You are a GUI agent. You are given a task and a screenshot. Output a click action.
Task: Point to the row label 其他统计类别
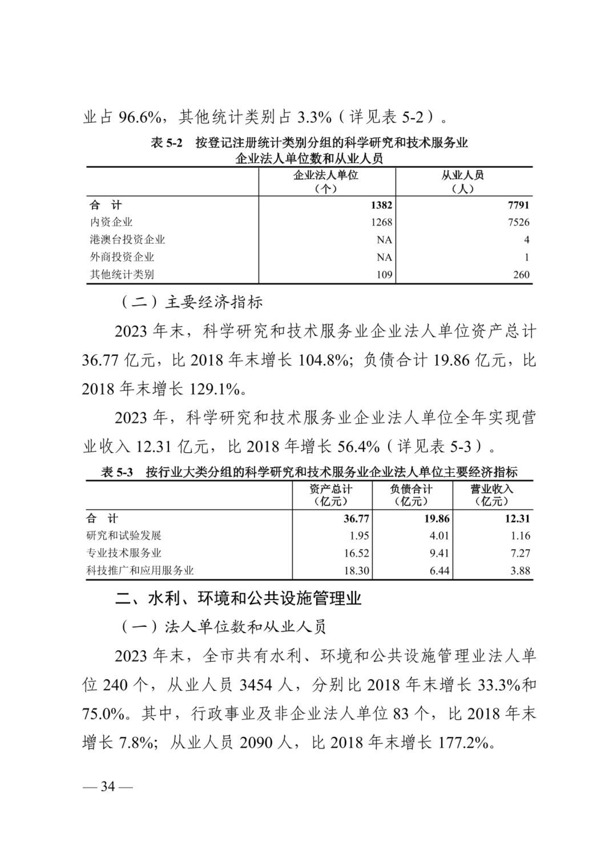click(122, 275)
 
